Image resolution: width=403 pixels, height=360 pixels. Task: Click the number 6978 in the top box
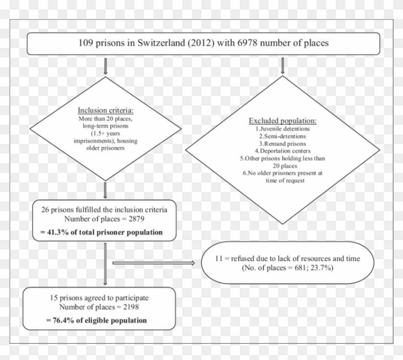click(x=247, y=43)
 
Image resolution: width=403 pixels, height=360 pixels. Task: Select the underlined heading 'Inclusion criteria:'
click(x=106, y=110)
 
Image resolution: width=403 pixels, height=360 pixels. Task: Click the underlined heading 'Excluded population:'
click(x=283, y=120)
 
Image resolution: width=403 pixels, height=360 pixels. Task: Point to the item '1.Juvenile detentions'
click(x=283, y=129)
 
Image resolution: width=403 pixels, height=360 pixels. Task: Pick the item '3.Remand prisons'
click(x=283, y=144)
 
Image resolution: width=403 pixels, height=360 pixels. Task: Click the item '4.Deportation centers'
click(x=283, y=151)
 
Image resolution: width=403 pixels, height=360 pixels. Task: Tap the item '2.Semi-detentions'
click(x=283, y=136)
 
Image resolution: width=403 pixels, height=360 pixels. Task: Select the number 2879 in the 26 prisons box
click(x=136, y=219)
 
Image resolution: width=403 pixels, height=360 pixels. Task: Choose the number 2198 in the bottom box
click(x=131, y=307)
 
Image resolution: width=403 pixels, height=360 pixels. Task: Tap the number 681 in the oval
click(x=300, y=268)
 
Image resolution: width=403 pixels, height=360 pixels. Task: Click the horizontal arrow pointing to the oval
click(x=154, y=263)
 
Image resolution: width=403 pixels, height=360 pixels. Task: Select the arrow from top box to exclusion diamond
click(x=283, y=66)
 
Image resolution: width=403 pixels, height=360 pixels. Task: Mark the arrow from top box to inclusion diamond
click(x=106, y=66)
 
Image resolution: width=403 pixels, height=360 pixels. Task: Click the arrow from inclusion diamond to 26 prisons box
click(x=105, y=190)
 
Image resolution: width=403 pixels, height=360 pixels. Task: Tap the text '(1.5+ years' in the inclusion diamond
click(x=106, y=133)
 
